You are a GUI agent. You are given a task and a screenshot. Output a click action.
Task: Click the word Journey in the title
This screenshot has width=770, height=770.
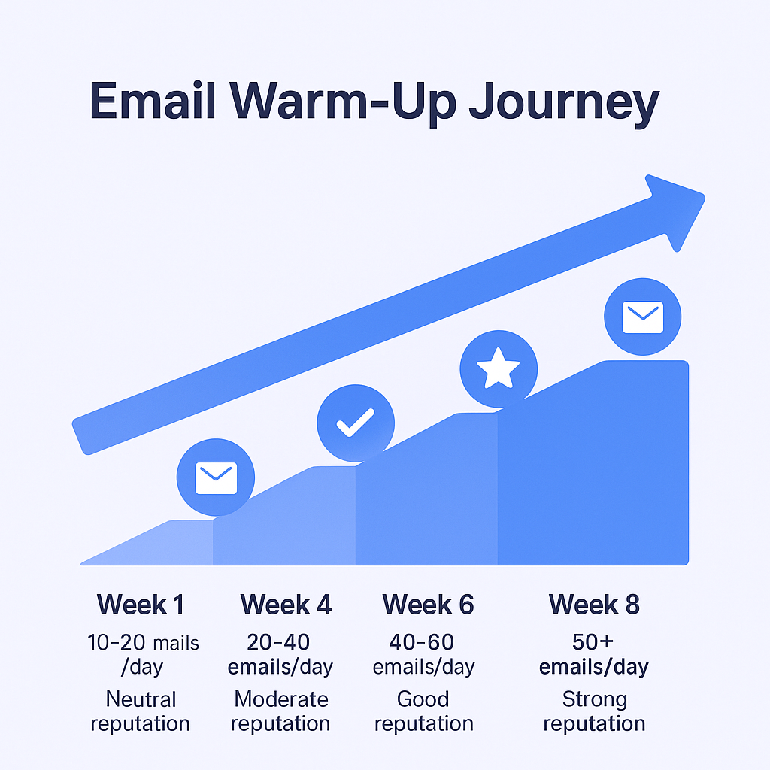[x=564, y=103]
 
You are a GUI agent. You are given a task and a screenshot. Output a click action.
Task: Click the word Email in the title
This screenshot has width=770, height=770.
[x=153, y=100]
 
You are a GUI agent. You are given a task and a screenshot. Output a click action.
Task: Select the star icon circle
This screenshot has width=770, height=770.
[x=499, y=368]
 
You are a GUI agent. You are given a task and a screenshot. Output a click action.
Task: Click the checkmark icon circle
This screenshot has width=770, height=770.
[x=356, y=423]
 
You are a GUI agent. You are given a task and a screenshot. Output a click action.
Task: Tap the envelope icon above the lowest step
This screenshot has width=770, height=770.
[x=216, y=477]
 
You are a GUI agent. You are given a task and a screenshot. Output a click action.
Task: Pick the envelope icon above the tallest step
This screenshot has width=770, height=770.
[x=642, y=317]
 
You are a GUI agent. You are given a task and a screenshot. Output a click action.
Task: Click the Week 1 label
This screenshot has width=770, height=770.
[x=141, y=604]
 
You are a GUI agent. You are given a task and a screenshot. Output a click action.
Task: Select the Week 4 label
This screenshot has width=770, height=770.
[x=286, y=604]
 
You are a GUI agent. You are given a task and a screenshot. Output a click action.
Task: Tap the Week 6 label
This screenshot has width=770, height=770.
[x=428, y=604]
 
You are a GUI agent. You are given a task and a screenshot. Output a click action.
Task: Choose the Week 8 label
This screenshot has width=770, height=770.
[x=594, y=604]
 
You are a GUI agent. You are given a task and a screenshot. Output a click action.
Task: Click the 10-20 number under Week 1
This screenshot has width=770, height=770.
[x=116, y=642]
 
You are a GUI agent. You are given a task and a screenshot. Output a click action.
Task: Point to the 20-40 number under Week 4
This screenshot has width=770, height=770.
[x=278, y=642]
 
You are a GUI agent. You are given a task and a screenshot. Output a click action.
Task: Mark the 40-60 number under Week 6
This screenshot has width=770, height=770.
[x=421, y=642]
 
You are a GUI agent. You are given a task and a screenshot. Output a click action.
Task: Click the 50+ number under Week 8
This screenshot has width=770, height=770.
[x=593, y=642]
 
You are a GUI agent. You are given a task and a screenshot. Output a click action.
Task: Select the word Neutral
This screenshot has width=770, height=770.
[x=141, y=699]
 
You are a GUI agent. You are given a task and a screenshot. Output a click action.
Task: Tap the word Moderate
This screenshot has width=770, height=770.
[x=281, y=699]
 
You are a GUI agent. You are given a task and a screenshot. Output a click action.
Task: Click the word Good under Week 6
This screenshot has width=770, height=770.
[x=423, y=699]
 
